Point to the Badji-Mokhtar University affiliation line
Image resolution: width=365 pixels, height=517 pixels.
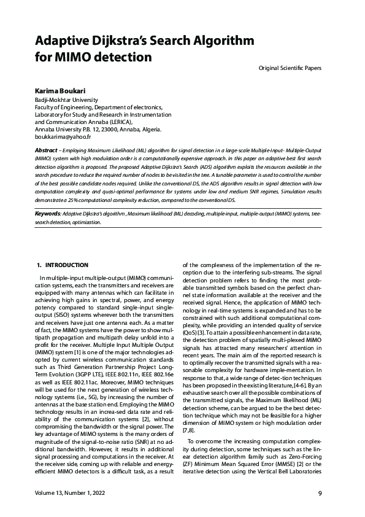pos(65,99)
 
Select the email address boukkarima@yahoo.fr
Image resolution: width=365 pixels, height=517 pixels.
pos(61,137)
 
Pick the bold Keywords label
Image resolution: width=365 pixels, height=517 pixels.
pos(48,213)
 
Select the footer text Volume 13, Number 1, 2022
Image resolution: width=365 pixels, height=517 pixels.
pos(71,493)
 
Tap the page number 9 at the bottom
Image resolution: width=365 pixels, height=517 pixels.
pos(320,493)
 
